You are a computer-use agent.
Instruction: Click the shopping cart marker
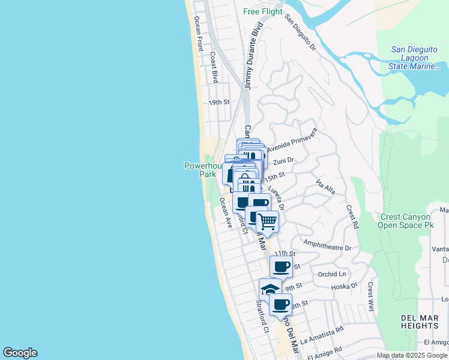point(268,221)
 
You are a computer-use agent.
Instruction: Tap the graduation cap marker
point(270,289)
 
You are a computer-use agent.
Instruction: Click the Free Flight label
point(263,11)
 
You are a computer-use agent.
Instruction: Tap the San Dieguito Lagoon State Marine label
point(419,58)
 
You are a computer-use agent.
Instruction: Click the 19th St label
point(219,102)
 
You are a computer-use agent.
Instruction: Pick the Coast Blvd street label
point(213,67)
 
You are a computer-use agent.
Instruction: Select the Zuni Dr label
point(283,161)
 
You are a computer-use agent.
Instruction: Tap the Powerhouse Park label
point(199,169)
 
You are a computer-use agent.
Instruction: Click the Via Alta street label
point(325,187)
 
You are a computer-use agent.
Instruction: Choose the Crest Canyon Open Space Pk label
point(414,221)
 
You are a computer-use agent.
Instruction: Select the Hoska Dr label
point(345,287)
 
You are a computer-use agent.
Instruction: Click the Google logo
point(20,353)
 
